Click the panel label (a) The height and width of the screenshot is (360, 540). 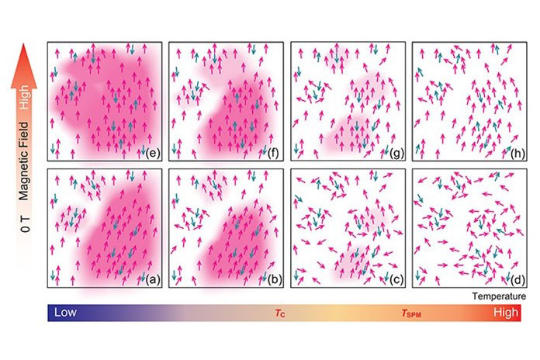coord(153,280)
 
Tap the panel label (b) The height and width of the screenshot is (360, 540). coord(275,280)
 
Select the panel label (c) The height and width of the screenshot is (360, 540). coord(396,280)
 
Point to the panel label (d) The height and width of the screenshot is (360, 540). coord(518,280)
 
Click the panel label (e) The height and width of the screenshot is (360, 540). coord(153,154)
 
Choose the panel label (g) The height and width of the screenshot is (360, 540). coord(396,154)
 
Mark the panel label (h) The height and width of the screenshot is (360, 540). coord(518,154)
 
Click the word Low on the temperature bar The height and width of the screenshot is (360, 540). coord(65,313)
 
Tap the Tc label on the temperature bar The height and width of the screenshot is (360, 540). coord(280,313)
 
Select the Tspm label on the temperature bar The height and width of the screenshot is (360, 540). coord(411,313)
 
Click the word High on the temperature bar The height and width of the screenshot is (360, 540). coord(506,313)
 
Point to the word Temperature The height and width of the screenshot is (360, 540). coord(499,296)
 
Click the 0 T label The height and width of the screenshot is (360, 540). coord(25,224)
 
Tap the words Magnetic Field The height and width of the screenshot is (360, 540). coord(24,161)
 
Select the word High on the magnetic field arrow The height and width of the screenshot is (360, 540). coord(24,98)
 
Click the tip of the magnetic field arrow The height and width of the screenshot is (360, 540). coord(24,43)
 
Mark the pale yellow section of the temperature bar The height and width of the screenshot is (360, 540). coord(339,313)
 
